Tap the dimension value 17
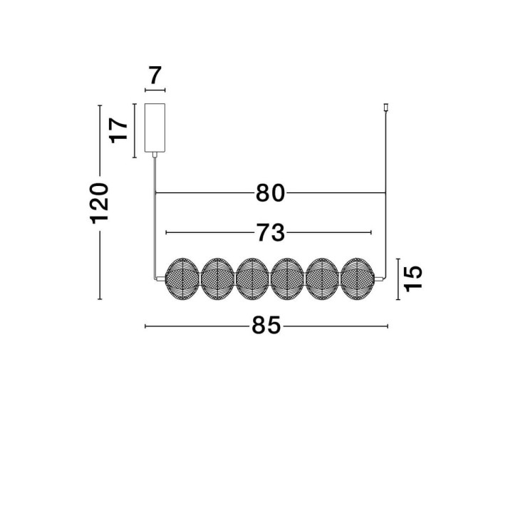point(118,130)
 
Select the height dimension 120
point(100,203)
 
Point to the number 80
point(270,193)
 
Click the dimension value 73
point(270,232)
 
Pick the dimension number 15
point(413,279)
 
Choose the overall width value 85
point(266,325)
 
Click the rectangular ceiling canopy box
point(155,128)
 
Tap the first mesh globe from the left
point(182,279)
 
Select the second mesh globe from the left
point(217,279)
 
